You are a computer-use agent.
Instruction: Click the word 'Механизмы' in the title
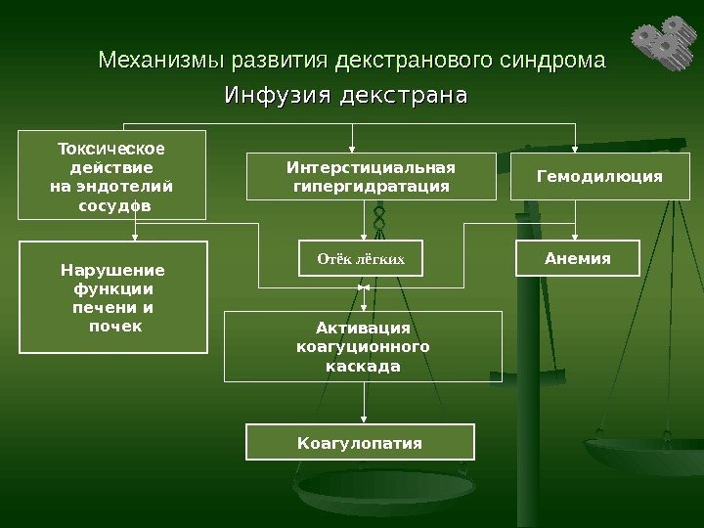point(162,62)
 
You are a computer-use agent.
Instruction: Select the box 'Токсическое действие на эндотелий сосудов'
point(112,175)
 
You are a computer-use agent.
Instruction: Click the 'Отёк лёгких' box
point(361,260)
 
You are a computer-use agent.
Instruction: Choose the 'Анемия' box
point(577,259)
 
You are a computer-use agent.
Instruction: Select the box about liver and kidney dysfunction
point(113,297)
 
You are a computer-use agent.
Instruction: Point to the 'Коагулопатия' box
point(360,442)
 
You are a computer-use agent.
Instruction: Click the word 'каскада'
point(363,367)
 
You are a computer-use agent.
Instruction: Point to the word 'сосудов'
point(114,206)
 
